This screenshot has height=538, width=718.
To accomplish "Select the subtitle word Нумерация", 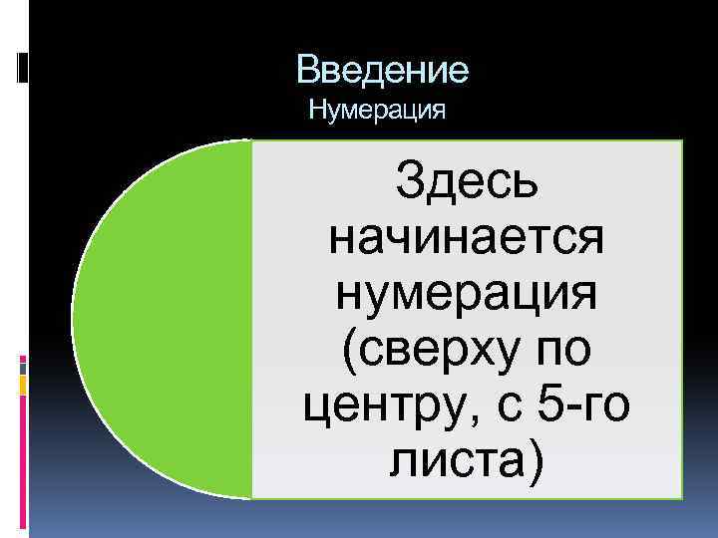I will point(376,108).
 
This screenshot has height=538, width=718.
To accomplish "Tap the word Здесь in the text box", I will point(467,184).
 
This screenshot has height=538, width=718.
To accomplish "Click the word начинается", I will point(467,239).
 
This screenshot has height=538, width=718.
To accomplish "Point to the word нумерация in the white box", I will point(467,294).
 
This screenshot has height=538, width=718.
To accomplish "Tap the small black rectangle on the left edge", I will point(23,67).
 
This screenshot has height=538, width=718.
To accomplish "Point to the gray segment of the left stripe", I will point(23,368).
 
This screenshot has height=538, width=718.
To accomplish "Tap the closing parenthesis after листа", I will point(539,462).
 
